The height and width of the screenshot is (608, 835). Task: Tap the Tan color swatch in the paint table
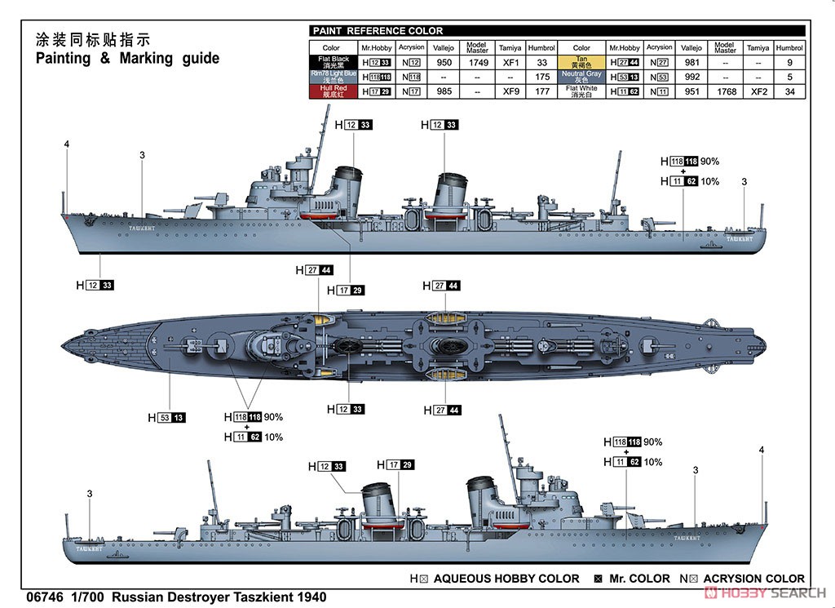pyautogui.click(x=581, y=62)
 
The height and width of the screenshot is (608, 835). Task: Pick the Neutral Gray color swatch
pyautogui.click(x=581, y=77)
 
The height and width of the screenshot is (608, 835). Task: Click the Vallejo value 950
pyautogui.click(x=444, y=62)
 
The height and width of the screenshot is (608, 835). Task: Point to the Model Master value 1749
pyautogui.click(x=477, y=62)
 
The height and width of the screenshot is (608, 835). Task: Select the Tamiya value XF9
pyautogui.click(x=510, y=91)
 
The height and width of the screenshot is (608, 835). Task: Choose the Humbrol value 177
pyautogui.click(x=541, y=91)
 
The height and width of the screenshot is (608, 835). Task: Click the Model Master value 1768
pyautogui.click(x=724, y=91)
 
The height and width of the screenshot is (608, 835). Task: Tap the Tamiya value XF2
pyautogui.click(x=758, y=91)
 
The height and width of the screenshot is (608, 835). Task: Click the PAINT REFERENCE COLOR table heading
pyautogui.click(x=378, y=31)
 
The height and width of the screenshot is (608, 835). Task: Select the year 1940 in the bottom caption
pyautogui.click(x=309, y=597)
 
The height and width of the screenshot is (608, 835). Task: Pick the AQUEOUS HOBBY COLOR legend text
pyautogui.click(x=506, y=579)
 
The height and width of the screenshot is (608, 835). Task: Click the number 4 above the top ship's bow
pyautogui.click(x=67, y=144)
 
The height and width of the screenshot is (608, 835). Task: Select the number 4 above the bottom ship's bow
pyautogui.click(x=762, y=450)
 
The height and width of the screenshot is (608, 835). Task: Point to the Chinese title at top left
pyautogui.click(x=94, y=39)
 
